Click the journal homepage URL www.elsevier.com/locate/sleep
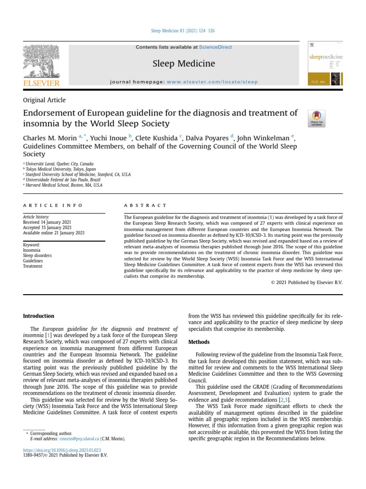(212, 82)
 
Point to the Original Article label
(44, 100)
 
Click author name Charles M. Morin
(50, 138)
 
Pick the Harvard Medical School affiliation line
(64, 185)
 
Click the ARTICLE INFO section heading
(53, 205)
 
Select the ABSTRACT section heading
(145, 205)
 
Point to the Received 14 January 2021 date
(47, 222)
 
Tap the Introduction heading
(39, 316)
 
